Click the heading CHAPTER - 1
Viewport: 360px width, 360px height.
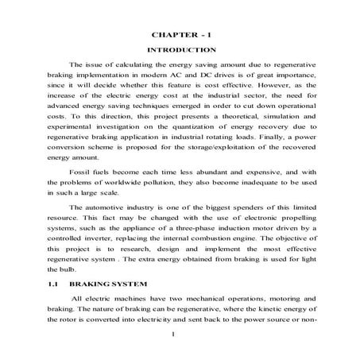pos(180,37)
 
